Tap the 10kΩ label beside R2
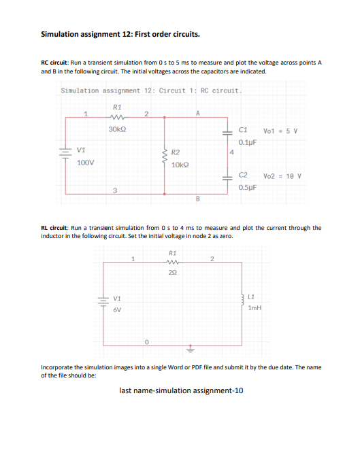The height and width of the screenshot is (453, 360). click(x=180, y=165)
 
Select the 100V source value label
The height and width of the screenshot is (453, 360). click(x=85, y=163)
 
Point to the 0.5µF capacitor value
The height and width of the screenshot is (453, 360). click(x=247, y=187)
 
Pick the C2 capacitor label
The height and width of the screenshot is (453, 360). click(x=244, y=175)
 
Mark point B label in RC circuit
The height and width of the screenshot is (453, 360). click(x=197, y=199)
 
